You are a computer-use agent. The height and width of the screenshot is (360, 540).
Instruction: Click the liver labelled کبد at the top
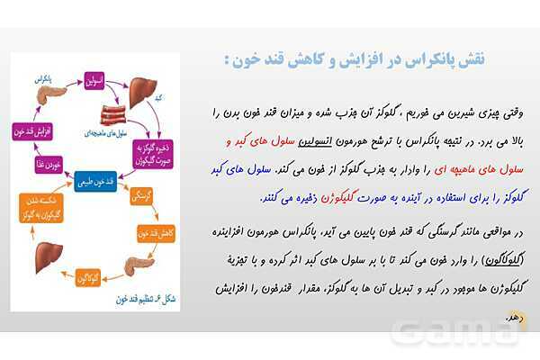[x=142, y=91]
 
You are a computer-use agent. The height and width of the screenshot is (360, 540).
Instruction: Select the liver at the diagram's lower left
[x=35, y=260]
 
